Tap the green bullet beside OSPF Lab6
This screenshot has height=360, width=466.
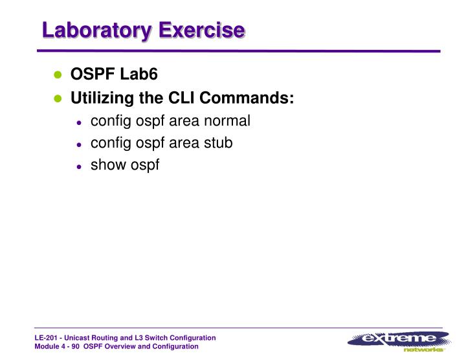coord(57,76)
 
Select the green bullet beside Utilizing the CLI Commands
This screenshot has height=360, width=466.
coord(57,100)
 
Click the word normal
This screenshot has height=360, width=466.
coord(228,121)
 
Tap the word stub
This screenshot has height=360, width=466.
coord(218,143)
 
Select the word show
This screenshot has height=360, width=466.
coord(106,165)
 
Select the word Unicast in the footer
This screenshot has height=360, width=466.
coord(82,338)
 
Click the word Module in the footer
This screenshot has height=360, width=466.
coord(47,346)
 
